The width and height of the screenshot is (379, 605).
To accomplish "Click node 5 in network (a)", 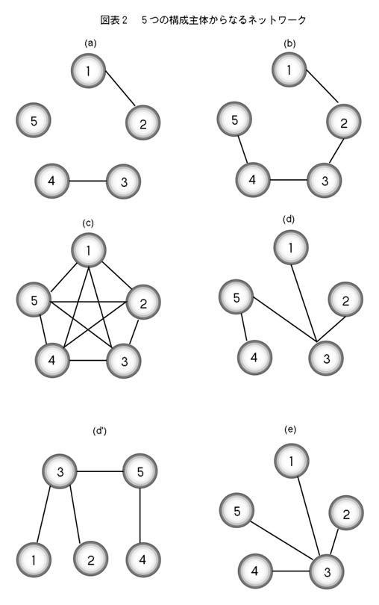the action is pos(34,120).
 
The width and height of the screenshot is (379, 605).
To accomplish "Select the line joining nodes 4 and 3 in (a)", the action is pos(88,181).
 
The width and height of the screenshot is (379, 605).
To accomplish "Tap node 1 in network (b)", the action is pos(289,70).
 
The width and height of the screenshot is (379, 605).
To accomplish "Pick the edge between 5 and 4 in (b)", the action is pos(242,150).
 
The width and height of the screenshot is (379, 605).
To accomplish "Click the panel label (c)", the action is pos(88,223).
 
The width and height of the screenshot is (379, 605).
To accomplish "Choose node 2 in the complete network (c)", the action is pos(143,302).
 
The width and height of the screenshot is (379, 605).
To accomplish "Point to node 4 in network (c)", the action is pos(52,360).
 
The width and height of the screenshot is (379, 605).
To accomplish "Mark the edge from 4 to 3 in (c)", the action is pos(88,360).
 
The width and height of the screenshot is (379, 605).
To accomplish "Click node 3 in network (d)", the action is pos(326,359).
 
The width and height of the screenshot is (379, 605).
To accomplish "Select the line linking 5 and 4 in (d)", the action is pos(244,328).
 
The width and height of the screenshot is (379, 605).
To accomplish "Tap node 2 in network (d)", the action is pos(345,300).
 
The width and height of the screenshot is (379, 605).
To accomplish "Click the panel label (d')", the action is pos(99,431).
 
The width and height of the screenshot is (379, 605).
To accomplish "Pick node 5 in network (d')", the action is pos(140,471).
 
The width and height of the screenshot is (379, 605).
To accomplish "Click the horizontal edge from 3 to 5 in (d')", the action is pos(100,471).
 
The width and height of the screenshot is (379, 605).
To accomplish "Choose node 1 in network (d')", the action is pos(34,559).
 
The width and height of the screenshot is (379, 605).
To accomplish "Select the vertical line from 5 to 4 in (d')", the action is pos(140,515).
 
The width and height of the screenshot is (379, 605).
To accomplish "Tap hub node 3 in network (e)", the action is pos(327,571).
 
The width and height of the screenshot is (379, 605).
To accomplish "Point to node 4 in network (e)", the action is pos(255,571).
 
